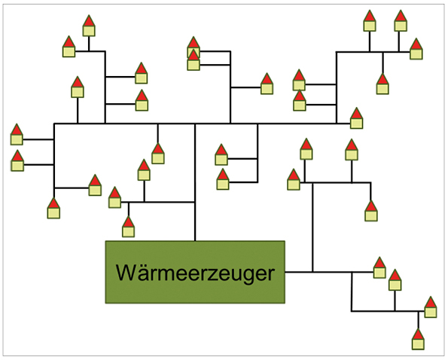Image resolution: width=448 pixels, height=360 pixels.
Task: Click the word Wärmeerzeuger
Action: pyautogui.click(x=195, y=273)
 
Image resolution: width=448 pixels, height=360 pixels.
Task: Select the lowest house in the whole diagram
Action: pyautogui.click(x=418, y=339)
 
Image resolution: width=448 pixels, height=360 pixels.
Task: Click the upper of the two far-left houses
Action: pyautogui.click(x=17, y=134)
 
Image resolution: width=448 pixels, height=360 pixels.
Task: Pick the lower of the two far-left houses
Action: pyautogui.click(x=18, y=160)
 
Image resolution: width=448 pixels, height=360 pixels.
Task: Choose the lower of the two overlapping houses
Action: pyautogui.click(x=194, y=60)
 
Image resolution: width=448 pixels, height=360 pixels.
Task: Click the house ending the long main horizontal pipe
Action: pyautogui.click(x=357, y=118)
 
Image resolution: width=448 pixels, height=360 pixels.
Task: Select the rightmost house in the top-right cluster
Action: pyautogui.click(x=416, y=49)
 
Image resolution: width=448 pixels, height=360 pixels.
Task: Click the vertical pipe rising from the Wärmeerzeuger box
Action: pyautogui.click(x=195, y=182)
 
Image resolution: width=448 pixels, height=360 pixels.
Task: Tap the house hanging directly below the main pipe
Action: pyautogui.click(x=158, y=154)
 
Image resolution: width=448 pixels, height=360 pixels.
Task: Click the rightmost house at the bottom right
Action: pyautogui.click(x=431, y=307)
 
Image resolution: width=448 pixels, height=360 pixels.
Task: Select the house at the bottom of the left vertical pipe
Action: pyautogui.click(x=53, y=209)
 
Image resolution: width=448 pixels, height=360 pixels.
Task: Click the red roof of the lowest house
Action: pyautogui.click(x=418, y=334)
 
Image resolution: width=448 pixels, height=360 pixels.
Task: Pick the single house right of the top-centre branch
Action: pyautogui.click(x=267, y=84)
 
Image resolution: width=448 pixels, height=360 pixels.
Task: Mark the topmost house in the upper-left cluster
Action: pyautogui.click(x=89, y=26)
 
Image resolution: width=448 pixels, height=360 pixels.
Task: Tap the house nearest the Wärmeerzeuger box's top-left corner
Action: pyautogui.click(x=128, y=227)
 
